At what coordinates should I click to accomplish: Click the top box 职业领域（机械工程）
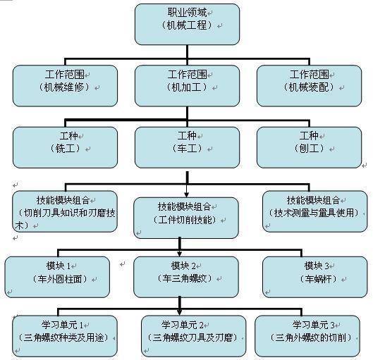click(187, 24)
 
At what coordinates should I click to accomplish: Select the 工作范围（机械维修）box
click(65, 86)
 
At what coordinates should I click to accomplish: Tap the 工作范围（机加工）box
click(187, 86)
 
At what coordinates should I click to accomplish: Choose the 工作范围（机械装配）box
click(310, 86)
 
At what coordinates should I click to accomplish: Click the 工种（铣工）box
click(65, 147)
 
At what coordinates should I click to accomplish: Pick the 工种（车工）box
click(187, 147)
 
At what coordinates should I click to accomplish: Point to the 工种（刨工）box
click(310, 147)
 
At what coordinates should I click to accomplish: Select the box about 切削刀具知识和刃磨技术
click(65, 211)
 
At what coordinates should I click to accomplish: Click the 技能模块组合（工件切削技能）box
click(186, 218)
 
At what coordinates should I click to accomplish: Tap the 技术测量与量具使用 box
click(315, 211)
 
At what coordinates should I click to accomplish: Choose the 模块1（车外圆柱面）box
click(57, 277)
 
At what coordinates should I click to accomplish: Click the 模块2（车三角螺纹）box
click(186, 277)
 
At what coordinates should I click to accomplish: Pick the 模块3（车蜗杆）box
click(315, 277)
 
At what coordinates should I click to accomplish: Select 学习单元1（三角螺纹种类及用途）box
click(65, 336)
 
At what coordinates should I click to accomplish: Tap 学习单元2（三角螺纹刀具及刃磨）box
click(194, 336)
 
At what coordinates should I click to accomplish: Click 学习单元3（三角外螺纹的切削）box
click(307, 336)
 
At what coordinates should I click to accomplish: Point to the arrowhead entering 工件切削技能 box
click(186, 194)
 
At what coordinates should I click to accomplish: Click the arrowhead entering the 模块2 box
click(180, 254)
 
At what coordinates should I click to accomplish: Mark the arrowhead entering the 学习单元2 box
click(180, 312)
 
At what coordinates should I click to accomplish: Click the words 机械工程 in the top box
click(187, 25)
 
